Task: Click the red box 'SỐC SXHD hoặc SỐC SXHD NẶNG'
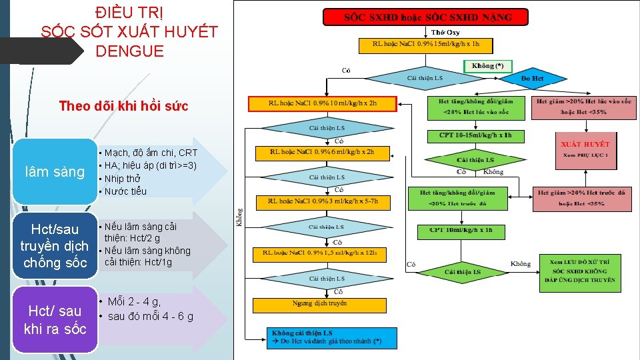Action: [425, 17]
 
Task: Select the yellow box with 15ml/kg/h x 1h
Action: [425, 45]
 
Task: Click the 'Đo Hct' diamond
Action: [532, 79]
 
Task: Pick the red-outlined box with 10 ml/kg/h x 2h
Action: [323, 104]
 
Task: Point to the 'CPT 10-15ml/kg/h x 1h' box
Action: [466, 136]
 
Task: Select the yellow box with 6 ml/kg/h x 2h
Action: [323, 153]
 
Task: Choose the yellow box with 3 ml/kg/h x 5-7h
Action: [323, 201]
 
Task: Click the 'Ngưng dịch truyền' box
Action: [319, 305]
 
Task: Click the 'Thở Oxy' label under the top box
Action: [445, 32]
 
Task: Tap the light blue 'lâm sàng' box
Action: [55, 172]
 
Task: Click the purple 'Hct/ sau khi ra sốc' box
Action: [55, 319]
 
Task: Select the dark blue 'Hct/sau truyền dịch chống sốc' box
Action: [55, 245]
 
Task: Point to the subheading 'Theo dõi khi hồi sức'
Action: [124, 106]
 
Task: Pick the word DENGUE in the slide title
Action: [129, 51]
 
